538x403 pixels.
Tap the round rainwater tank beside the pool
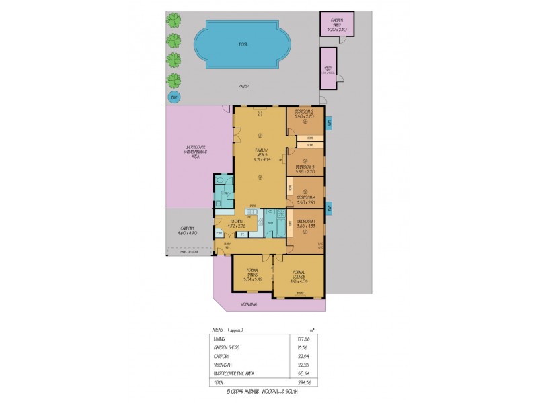coord(174,98)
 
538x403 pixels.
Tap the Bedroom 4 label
coord(306,197)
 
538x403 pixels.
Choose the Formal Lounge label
coord(299,273)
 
